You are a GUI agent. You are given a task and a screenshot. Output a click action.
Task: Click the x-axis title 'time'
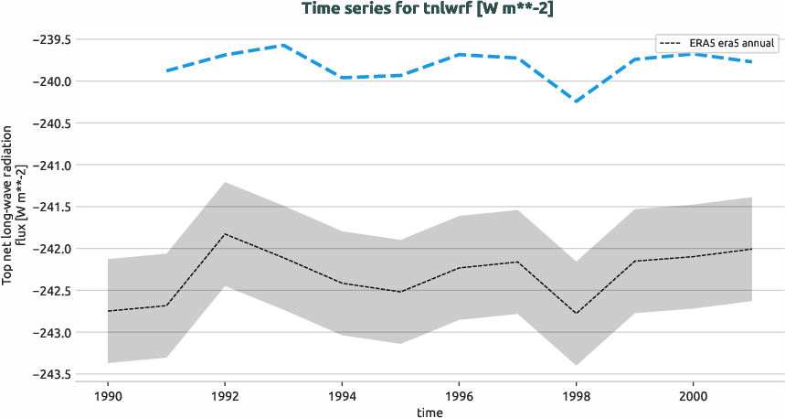(x=430, y=412)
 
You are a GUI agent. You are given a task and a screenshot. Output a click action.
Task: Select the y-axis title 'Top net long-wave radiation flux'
(x=14, y=208)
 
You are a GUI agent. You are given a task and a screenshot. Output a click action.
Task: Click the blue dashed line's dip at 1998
(x=576, y=101)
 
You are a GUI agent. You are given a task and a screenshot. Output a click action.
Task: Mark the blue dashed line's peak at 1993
(x=283, y=45)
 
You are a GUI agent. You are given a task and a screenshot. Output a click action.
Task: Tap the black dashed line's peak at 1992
(x=225, y=234)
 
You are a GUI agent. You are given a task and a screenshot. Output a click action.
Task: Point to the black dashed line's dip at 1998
(x=576, y=314)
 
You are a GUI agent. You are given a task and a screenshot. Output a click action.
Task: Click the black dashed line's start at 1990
(x=108, y=311)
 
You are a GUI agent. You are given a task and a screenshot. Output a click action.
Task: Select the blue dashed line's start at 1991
(x=166, y=70)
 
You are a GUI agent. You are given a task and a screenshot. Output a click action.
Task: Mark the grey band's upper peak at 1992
(x=225, y=182)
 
